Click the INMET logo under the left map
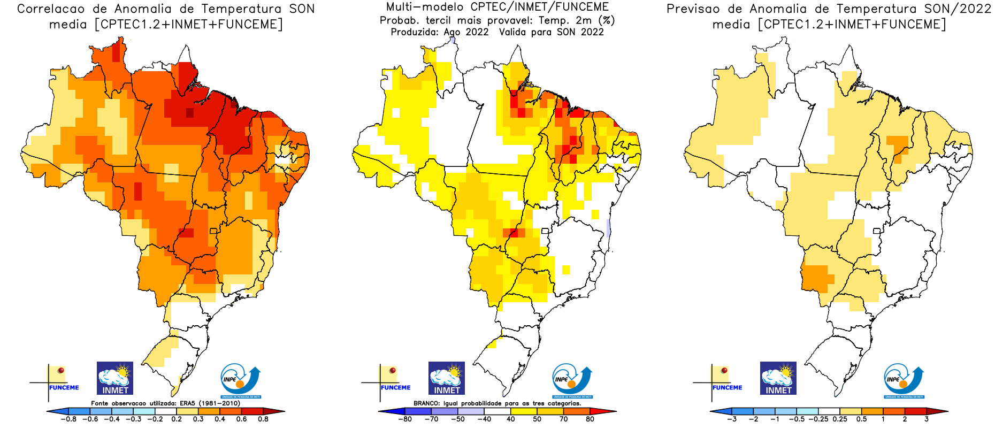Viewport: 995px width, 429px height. pyautogui.click(x=115, y=378)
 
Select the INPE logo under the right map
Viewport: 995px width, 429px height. pyautogui.click(x=904, y=381)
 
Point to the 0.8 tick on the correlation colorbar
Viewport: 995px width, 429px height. pyautogui.click(x=263, y=419)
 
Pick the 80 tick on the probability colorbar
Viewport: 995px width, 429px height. pyautogui.click(x=590, y=419)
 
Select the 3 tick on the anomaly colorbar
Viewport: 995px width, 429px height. pyautogui.click(x=927, y=419)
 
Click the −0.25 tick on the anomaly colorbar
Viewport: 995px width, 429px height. pyautogui.click(x=819, y=419)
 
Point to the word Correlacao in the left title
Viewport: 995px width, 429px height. pyautogui.click(x=51, y=9)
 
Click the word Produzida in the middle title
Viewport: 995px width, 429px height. pyautogui.click(x=415, y=32)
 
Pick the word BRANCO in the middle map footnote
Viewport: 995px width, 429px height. pyautogui.click(x=426, y=403)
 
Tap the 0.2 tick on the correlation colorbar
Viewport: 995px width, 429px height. pyautogui.click(x=177, y=419)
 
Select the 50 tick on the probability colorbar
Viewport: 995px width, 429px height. pyautogui.click(x=537, y=419)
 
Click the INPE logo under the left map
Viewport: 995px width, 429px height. pyautogui.click(x=241, y=381)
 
